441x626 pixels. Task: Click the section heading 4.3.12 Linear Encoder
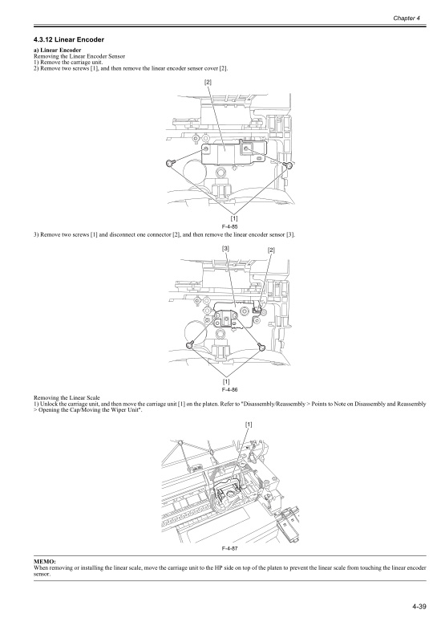69,39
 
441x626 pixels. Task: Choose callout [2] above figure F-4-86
272,250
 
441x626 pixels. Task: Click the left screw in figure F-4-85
170,163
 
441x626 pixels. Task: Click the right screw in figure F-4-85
289,165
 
